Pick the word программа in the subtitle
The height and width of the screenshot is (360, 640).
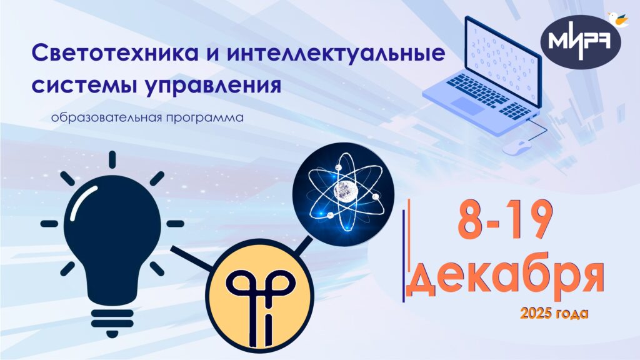(x=205, y=118)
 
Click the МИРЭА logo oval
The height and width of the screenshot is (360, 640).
(x=580, y=42)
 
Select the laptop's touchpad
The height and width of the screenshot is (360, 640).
(x=466, y=105)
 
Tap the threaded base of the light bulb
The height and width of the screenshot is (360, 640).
(x=112, y=323)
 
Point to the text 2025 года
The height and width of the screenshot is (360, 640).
(x=554, y=314)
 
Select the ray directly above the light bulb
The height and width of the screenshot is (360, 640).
(x=112, y=159)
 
